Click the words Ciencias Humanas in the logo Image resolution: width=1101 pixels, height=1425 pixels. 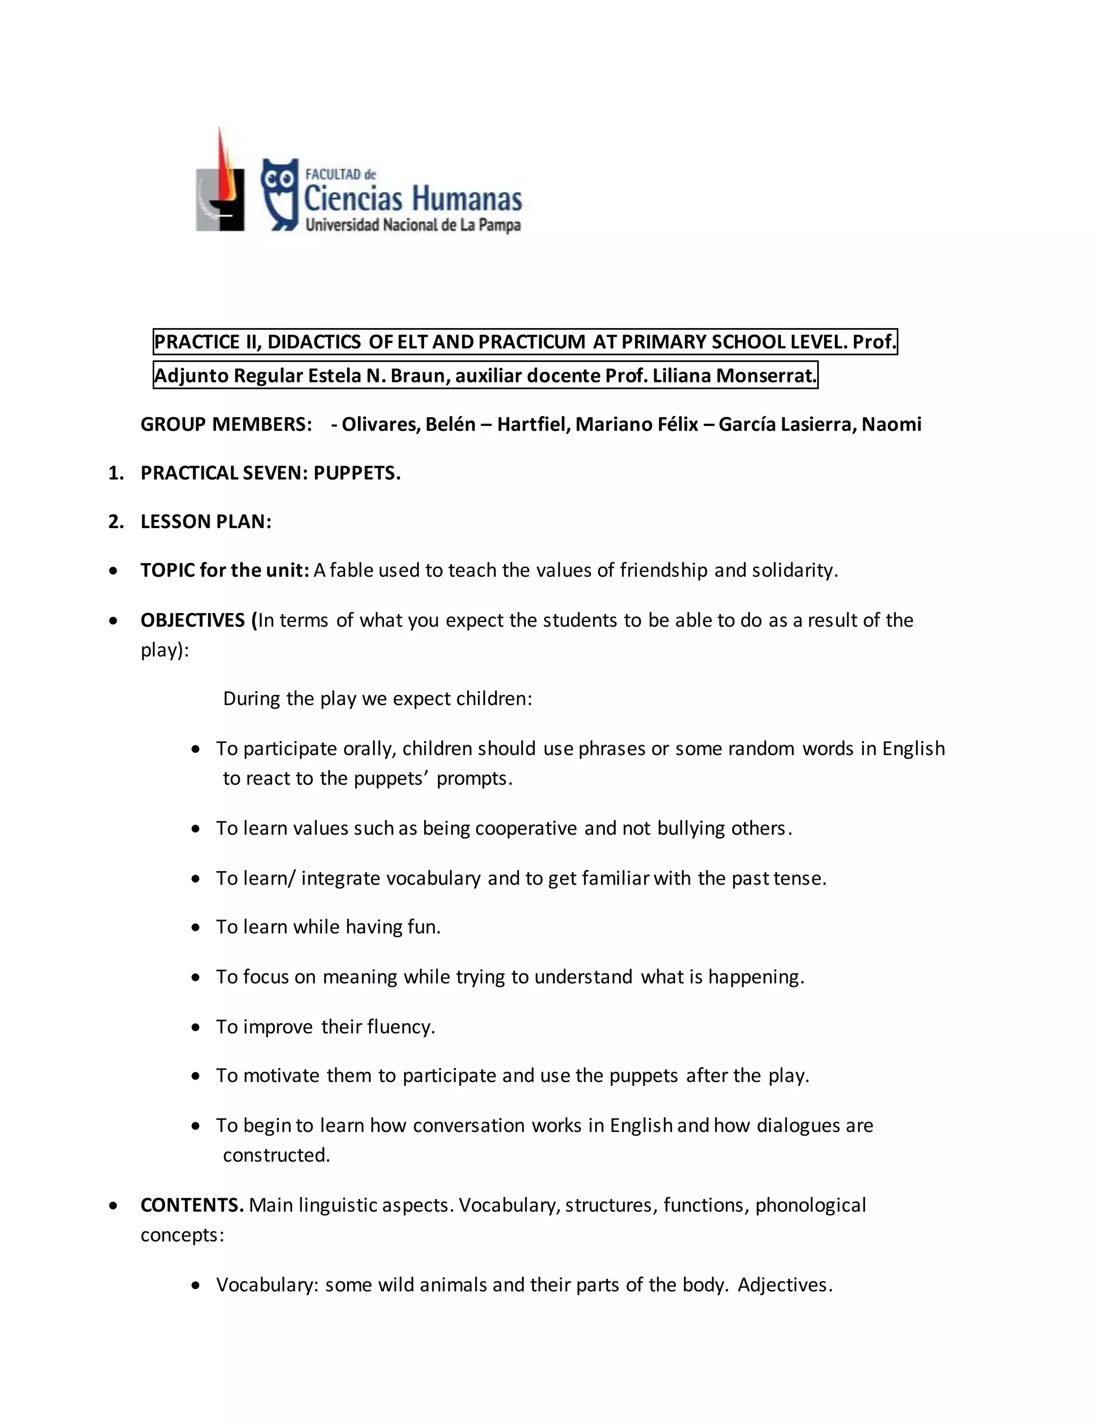pos(413,198)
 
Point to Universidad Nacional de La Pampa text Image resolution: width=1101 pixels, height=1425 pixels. pos(413,226)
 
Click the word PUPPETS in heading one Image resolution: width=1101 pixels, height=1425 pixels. pos(357,473)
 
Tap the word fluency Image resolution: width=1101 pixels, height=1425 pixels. pos(400,1027)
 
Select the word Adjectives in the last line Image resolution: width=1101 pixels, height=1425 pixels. pos(785,1285)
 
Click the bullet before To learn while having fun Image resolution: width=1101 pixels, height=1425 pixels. pos(196,928)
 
